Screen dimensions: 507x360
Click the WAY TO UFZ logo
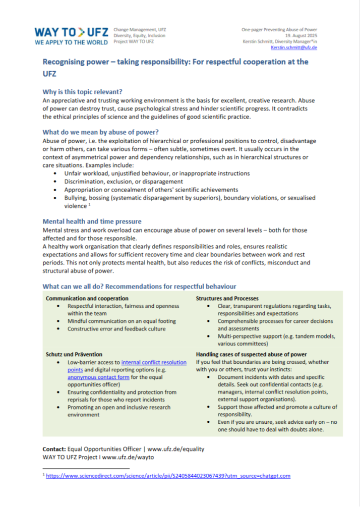click(x=71, y=36)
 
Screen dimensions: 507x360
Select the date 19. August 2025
click(x=308, y=35)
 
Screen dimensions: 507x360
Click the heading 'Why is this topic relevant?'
click(x=82, y=91)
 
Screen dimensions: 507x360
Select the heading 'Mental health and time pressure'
click(x=92, y=221)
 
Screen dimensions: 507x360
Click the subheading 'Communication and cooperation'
click(x=87, y=298)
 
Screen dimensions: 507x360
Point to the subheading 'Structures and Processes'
click(x=227, y=298)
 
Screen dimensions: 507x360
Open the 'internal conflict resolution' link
click(x=154, y=362)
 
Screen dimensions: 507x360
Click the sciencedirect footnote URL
click(x=168, y=476)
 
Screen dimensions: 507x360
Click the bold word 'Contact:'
click(x=54, y=448)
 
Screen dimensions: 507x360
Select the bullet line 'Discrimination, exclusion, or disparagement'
click(x=124, y=181)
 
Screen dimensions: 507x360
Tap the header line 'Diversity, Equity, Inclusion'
click(x=139, y=35)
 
